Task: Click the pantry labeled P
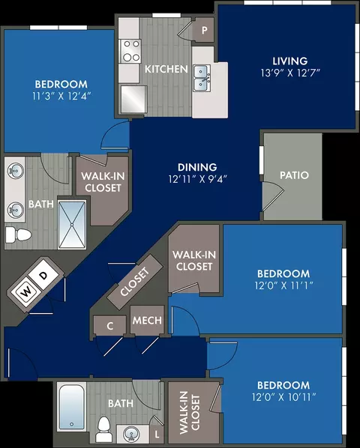pyautogui.click(x=204, y=30)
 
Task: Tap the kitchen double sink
pyautogui.click(x=202, y=78)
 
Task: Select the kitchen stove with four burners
pyautogui.click(x=130, y=51)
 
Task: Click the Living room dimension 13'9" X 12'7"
pyautogui.click(x=289, y=73)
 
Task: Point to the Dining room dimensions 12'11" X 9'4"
pyautogui.click(x=197, y=179)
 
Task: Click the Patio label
pyautogui.click(x=294, y=175)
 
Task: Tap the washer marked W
pyautogui.click(x=26, y=292)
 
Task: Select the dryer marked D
pyautogui.click(x=43, y=276)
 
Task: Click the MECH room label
pyautogui.click(x=147, y=321)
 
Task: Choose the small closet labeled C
pyautogui.click(x=110, y=326)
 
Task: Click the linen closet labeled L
pyautogui.click(x=157, y=435)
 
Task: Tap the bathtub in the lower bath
pyautogui.click(x=71, y=407)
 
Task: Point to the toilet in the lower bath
pyautogui.click(x=103, y=429)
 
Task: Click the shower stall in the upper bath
pyautogui.click(x=72, y=225)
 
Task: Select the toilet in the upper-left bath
pyautogui.click(x=18, y=234)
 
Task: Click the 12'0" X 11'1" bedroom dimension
pyautogui.click(x=284, y=285)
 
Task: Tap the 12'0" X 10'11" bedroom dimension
pyautogui.click(x=284, y=397)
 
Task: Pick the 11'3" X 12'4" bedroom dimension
pyautogui.click(x=61, y=96)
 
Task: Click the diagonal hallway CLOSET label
pyautogui.click(x=135, y=282)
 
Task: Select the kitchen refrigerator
pyautogui.click(x=133, y=99)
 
